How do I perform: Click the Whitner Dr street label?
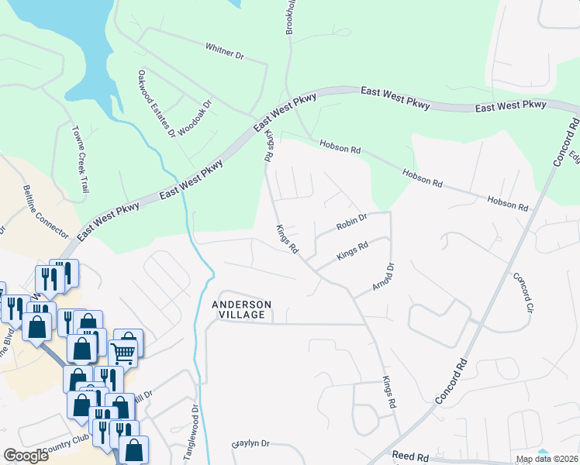point(225,56)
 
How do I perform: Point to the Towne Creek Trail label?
point(81,160)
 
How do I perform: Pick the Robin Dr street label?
point(350,224)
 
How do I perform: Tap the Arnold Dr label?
point(383,277)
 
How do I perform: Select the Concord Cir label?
point(523,293)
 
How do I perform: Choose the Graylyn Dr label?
point(250,444)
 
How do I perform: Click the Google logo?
point(26,456)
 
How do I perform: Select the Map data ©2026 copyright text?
point(547,459)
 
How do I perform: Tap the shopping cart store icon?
point(123,352)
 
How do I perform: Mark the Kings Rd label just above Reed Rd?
point(389,393)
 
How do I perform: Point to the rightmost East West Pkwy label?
point(510,106)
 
